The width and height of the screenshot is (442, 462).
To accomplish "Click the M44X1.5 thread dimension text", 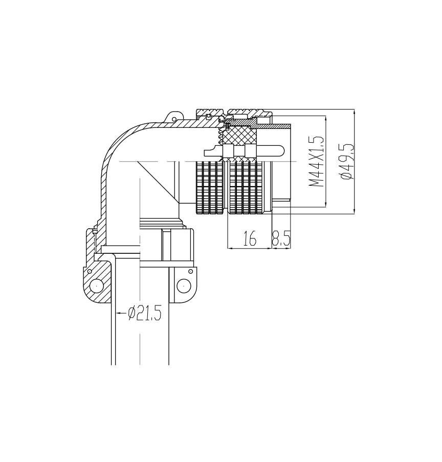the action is tap(316, 161).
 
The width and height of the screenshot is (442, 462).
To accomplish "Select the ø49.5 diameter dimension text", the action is tap(346, 161).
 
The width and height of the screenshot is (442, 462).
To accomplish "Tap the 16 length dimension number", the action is tap(250, 238).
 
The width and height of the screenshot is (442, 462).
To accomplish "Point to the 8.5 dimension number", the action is tap(281, 238).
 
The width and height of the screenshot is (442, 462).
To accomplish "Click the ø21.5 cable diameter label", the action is tap(145, 313).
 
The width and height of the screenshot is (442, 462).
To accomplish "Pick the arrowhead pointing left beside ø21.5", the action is tap(119, 313).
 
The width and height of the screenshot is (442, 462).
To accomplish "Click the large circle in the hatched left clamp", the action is tap(96, 286).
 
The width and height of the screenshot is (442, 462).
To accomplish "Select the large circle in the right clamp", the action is tap(183, 285).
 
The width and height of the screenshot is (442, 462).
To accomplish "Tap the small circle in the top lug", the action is tap(174, 119).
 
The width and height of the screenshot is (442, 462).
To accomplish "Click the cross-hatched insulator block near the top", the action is tap(239, 136).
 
